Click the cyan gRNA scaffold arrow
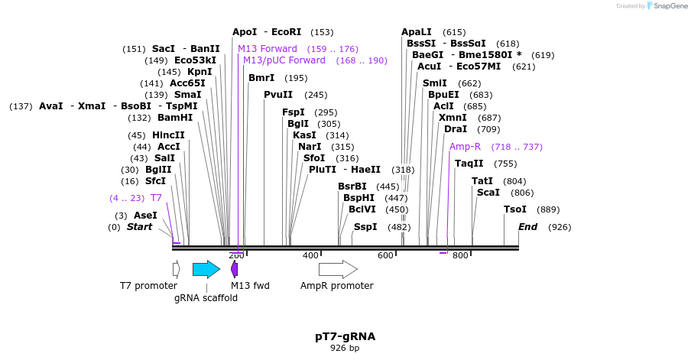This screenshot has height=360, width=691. (206, 269)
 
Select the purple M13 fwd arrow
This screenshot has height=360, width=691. (235, 269)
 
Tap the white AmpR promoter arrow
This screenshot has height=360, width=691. (338, 269)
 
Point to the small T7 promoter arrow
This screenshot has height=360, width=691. (177, 269)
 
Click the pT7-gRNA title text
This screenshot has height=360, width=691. (345, 336)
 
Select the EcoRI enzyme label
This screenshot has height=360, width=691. (287, 32)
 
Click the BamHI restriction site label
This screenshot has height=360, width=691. (175, 118)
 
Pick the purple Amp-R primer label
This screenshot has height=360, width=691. (465, 147)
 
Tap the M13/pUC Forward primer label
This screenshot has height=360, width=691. (284, 60)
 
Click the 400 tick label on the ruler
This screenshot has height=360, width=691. (310, 255)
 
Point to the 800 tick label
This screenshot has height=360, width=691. (460, 255)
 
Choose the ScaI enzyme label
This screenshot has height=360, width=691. (488, 193)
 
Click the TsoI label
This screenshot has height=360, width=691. (515, 209)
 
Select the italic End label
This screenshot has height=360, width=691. (527, 227)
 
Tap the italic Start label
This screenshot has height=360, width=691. (139, 227)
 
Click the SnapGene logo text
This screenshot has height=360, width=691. (670, 5)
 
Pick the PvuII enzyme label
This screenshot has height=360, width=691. (278, 95)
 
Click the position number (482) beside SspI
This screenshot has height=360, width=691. (399, 227)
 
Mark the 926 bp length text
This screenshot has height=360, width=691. (345, 348)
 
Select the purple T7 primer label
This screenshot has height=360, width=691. (156, 198)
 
